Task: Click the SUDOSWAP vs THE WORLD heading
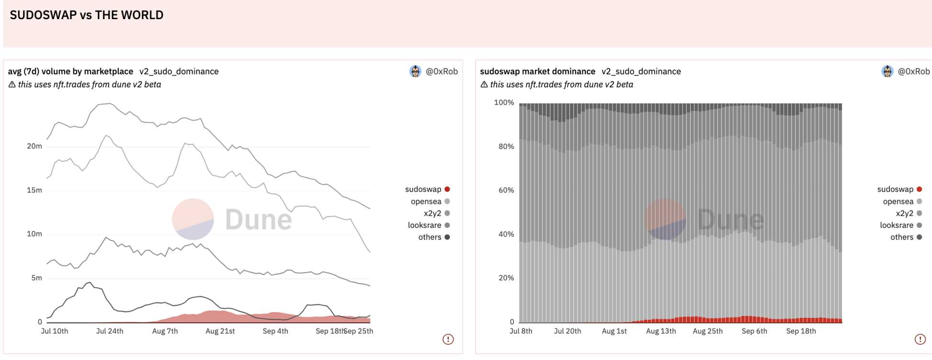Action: [87, 15]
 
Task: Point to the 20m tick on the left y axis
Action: [34, 146]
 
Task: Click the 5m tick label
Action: [37, 278]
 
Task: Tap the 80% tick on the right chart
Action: [506, 146]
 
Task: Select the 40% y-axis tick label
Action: [506, 234]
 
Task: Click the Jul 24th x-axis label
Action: [110, 331]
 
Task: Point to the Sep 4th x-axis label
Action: [275, 331]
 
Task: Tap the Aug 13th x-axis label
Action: [661, 331]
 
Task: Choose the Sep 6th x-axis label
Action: [754, 331]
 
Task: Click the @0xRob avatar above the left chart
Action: [415, 71]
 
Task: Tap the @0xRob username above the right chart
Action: [914, 71]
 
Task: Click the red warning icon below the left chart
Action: [448, 339]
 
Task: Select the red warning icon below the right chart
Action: [920, 339]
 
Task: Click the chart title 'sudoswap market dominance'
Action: [537, 71]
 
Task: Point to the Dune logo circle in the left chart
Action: [193, 219]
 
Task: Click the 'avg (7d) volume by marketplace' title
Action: [70, 71]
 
